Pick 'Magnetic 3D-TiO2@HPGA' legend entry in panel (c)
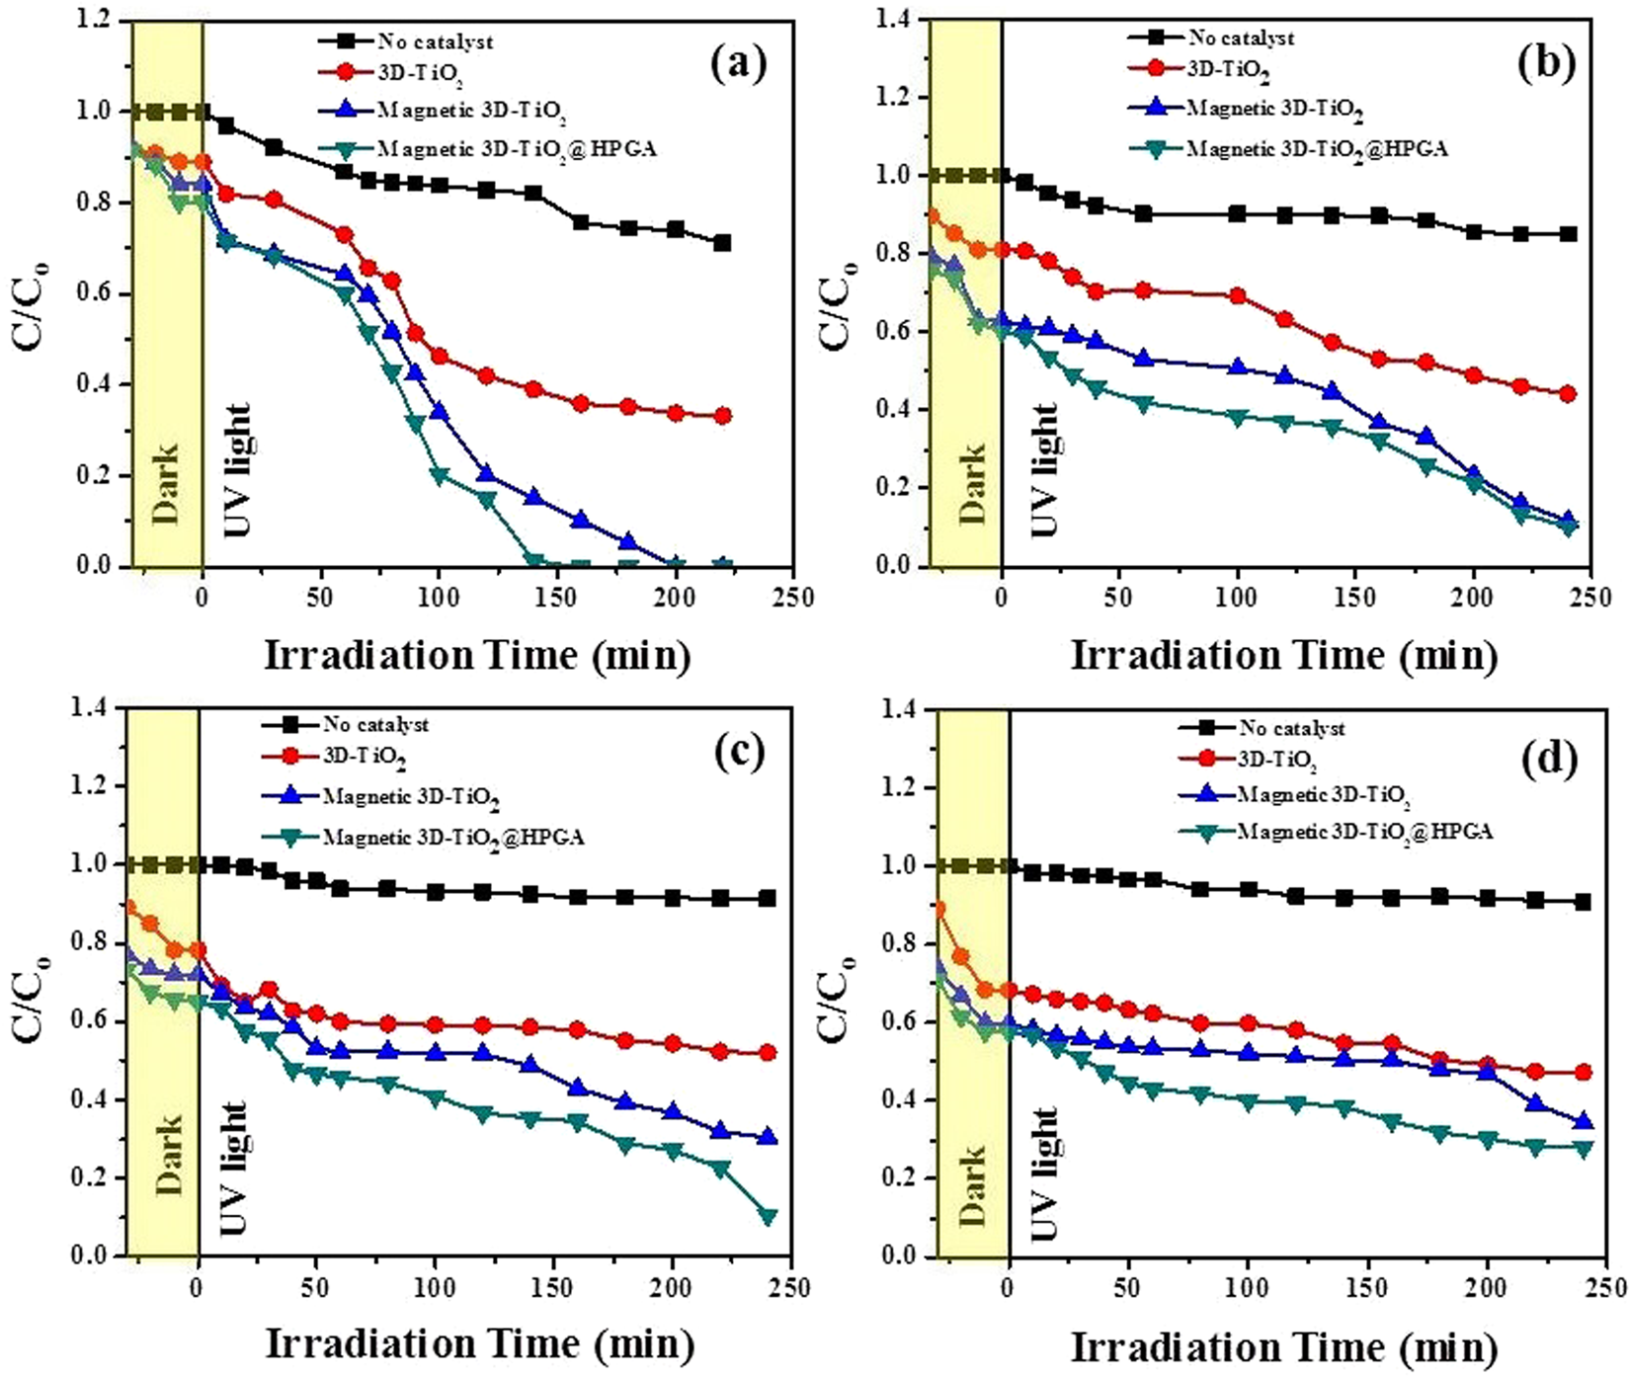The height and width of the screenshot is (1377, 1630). pyautogui.click(x=453, y=838)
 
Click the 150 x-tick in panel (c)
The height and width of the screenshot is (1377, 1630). pyautogui.click(x=554, y=1288)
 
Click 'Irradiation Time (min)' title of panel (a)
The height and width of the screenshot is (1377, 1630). pyautogui.click(x=476, y=655)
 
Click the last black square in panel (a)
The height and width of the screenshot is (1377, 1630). pyautogui.click(x=722, y=242)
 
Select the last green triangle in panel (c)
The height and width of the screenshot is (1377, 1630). pyautogui.click(x=768, y=1217)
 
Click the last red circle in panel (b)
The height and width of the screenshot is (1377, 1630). pyautogui.click(x=1567, y=393)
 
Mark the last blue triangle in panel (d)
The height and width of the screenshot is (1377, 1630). pyautogui.click(x=1583, y=1122)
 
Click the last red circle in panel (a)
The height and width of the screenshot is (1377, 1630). pyautogui.click(x=722, y=416)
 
